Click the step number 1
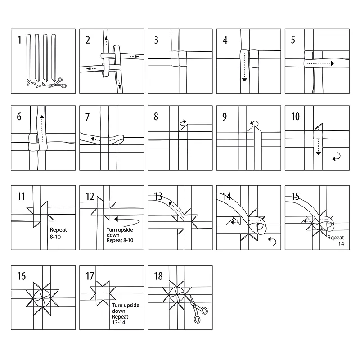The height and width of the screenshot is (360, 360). (19, 40)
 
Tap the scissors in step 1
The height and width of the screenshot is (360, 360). (57, 83)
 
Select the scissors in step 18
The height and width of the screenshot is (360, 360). (197, 309)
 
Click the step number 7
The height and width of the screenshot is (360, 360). (87, 117)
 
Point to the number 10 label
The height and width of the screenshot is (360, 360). (295, 117)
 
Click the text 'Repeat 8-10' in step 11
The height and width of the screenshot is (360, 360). (58, 233)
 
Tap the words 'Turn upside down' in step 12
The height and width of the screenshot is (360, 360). (120, 232)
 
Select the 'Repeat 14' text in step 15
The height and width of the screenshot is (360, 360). (336, 240)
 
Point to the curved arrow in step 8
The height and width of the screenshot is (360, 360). (183, 123)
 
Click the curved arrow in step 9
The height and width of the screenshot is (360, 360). (255, 124)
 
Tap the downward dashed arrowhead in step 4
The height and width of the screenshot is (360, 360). (244, 80)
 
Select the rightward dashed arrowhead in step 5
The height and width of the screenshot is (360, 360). (333, 63)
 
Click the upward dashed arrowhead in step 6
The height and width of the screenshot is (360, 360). (42, 117)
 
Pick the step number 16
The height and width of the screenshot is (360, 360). (21, 276)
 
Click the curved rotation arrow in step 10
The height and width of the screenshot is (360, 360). (336, 157)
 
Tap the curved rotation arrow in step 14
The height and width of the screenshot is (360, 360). (272, 241)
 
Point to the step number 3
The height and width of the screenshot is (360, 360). (156, 40)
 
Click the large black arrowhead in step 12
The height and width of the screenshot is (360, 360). (116, 219)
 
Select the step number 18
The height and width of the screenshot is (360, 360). (158, 276)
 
